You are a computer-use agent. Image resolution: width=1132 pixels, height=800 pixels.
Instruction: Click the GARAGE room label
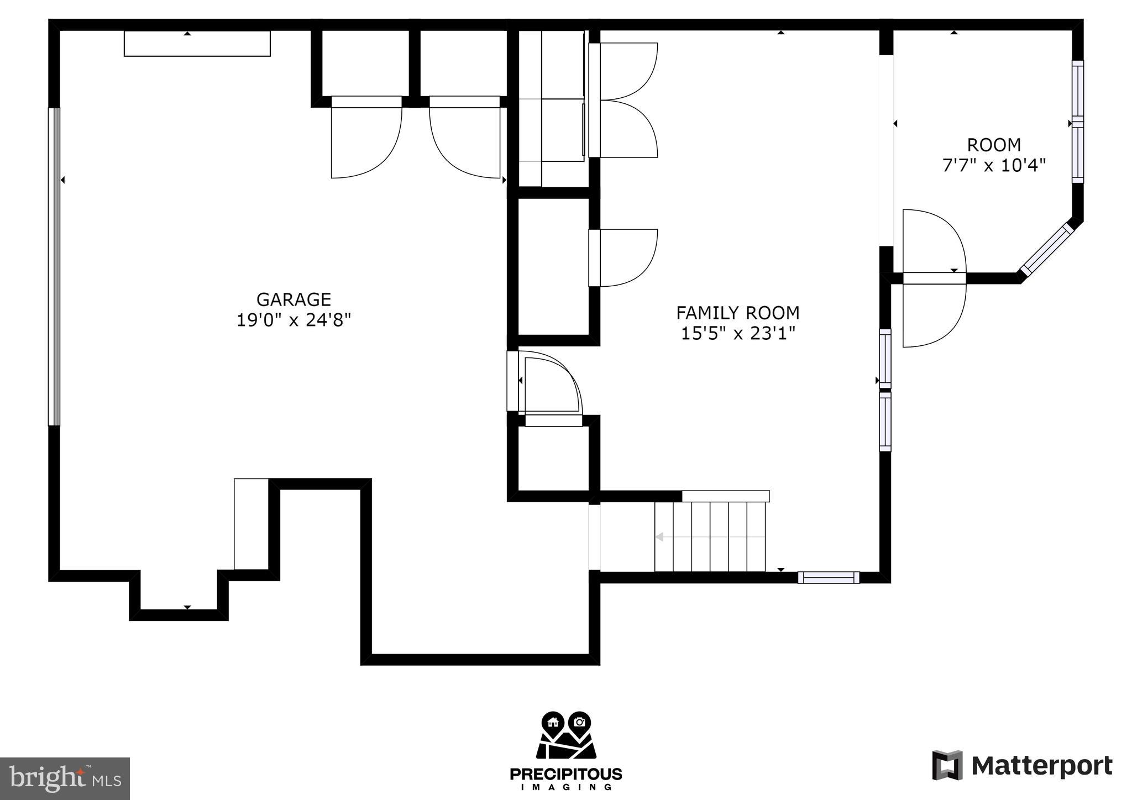point(294,299)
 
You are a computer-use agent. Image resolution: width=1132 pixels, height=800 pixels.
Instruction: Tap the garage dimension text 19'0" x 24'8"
point(294,320)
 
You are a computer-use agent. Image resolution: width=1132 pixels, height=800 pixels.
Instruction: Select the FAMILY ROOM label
point(737,313)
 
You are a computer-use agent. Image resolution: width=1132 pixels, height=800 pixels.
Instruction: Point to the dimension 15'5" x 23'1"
point(737,333)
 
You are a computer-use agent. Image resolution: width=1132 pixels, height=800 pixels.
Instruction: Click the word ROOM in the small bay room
point(993,145)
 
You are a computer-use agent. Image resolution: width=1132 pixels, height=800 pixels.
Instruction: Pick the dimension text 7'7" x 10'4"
point(993,165)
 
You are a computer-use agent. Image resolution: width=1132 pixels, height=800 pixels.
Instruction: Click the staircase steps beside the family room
point(710,536)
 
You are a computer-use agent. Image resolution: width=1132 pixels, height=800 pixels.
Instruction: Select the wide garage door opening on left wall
point(54,266)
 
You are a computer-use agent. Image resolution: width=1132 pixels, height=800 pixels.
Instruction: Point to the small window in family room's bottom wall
point(828,577)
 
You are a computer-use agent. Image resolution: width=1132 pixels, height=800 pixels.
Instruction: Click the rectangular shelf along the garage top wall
point(197,44)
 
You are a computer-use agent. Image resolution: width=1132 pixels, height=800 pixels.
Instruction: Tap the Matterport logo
point(1022,766)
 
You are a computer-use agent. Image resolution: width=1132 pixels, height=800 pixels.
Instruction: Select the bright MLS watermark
point(65,778)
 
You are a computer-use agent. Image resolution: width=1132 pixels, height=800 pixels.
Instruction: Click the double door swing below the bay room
point(934,278)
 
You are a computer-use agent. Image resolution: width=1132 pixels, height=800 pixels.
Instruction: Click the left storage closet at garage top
point(365,64)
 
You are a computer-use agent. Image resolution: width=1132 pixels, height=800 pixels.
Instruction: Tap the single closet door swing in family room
point(623,257)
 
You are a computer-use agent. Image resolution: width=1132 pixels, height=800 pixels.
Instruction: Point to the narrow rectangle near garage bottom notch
point(251,524)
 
